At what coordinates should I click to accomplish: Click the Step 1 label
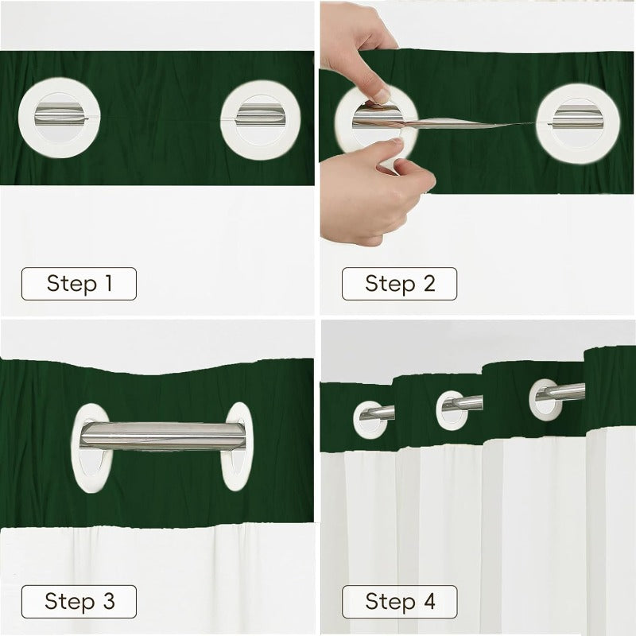[x=79, y=284]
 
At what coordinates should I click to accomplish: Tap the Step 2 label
[x=399, y=284]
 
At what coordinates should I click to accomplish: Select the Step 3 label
[x=79, y=601]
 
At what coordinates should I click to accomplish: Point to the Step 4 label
[x=399, y=601]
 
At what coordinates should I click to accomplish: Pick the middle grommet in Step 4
[x=455, y=406]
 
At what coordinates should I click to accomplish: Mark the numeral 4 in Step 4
[x=430, y=601]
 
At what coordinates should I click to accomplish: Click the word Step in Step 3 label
[x=67, y=601]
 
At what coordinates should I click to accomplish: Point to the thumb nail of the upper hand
[x=382, y=96]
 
